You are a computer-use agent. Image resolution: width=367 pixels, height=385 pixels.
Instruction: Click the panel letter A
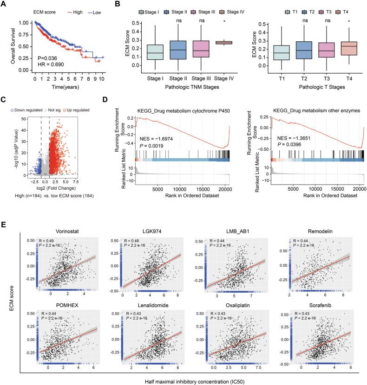pyautogui.click(x=4, y=4)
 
